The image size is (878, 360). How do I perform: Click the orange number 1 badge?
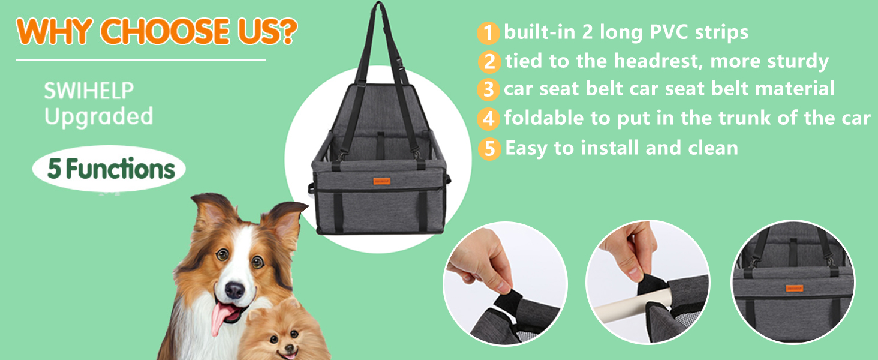tap(488, 33)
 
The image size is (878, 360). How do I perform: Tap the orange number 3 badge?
tap(488, 89)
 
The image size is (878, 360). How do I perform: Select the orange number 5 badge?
tap(489, 149)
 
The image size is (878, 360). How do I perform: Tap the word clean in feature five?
tap(713, 148)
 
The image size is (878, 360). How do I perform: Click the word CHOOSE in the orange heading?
tap(165, 31)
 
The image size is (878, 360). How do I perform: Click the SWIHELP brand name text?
tap(89, 91)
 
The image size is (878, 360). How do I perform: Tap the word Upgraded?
tap(98, 117)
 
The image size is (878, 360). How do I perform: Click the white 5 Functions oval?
tap(109, 169)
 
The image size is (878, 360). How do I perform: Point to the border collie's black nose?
tap(234, 290)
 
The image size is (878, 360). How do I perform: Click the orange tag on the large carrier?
tap(381, 181)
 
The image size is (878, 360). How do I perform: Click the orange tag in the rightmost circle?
tap(795, 288)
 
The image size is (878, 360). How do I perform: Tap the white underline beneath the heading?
tap(141, 61)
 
